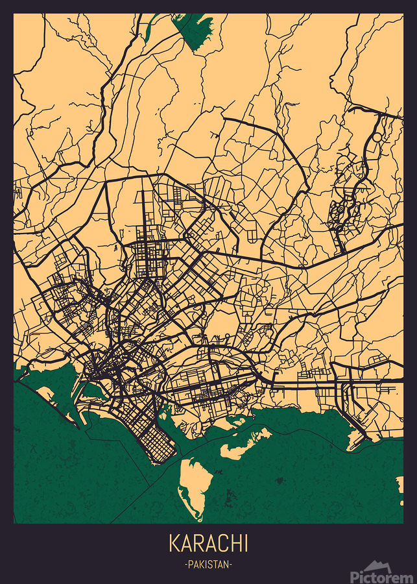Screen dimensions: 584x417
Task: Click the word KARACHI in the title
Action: tap(208, 543)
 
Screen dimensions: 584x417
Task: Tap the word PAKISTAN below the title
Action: tap(208, 565)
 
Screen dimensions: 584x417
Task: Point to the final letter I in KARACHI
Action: tap(245, 543)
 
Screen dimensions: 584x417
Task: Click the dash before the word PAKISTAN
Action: tap(186, 565)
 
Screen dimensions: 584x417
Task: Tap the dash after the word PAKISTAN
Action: tap(230, 565)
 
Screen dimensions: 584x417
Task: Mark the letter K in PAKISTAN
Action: tap(201, 565)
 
